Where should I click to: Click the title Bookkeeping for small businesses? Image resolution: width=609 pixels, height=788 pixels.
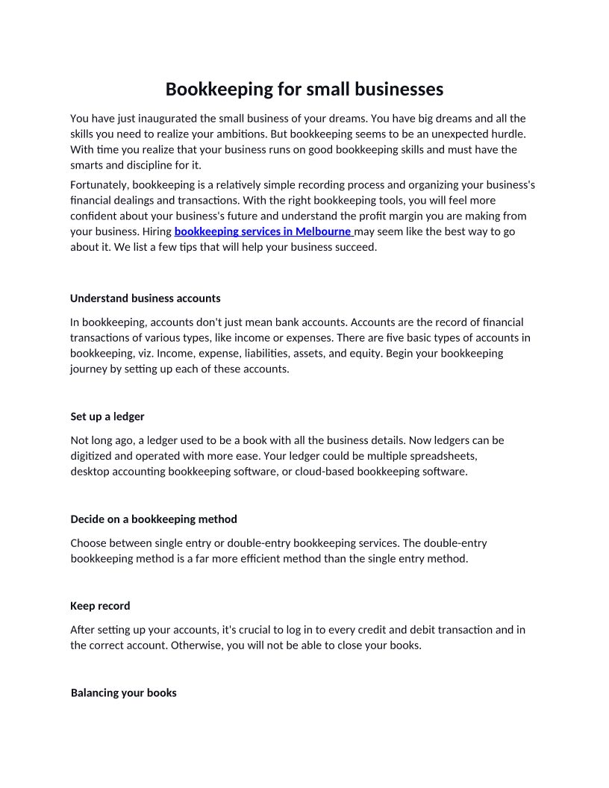[304, 90]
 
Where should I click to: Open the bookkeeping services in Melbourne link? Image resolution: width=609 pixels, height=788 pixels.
[263, 231]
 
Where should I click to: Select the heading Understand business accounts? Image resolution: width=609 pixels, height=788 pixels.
[145, 298]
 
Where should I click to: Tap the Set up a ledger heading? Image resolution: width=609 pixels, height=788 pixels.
[107, 416]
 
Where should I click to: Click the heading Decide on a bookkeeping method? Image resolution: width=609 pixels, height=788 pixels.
[154, 519]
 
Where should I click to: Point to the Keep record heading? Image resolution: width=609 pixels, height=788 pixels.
[100, 606]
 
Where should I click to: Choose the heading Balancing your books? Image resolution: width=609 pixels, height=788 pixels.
[123, 693]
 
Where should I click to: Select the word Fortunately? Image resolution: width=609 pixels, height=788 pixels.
[99, 185]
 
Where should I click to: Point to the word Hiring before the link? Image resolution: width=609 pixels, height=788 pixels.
[157, 231]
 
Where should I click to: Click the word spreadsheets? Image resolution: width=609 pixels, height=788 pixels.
[444, 455]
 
